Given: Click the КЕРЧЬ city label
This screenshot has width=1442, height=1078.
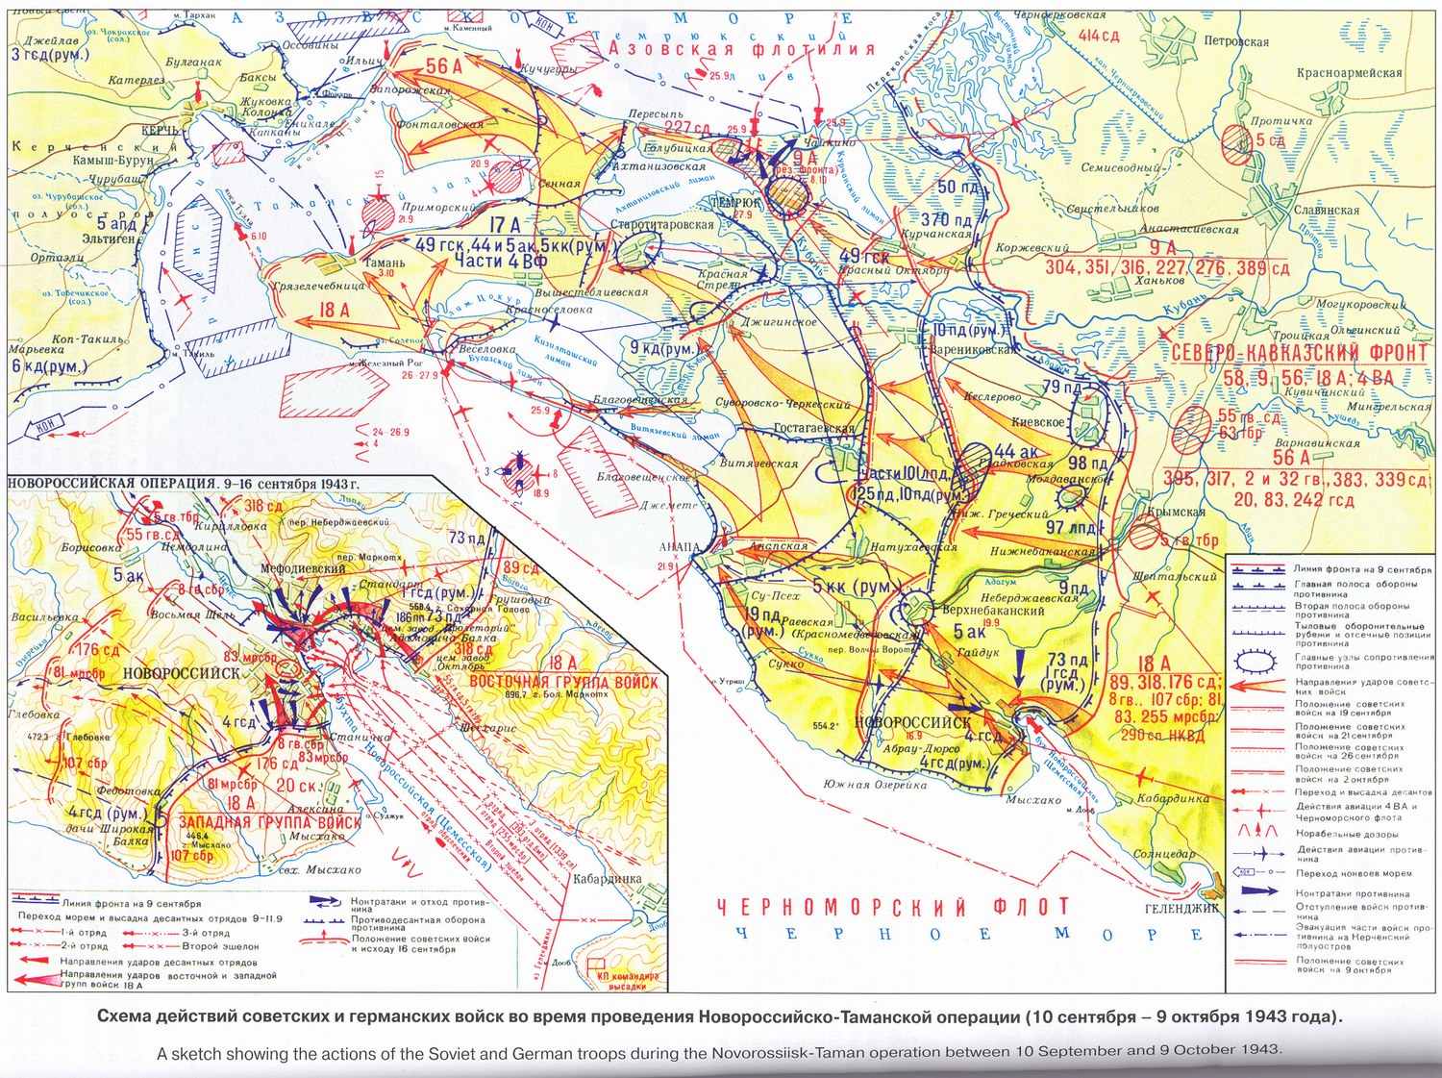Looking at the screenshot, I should [x=159, y=130].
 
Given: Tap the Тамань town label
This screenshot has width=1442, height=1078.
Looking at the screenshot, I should [x=384, y=262].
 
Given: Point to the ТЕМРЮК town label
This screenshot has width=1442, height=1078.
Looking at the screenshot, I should [x=735, y=203].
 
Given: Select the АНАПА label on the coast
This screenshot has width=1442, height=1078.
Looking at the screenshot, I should [x=680, y=546].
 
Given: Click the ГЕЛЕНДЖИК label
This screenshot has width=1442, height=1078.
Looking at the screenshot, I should [x=1181, y=907].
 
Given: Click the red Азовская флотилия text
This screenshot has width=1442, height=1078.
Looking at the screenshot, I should [x=741, y=48].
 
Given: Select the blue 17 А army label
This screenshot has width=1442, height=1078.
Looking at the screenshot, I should [x=505, y=225].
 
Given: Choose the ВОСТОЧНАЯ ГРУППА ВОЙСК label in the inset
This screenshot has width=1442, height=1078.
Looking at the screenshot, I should [x=563, y=682].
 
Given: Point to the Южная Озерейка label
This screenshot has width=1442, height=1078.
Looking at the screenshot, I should [x=875, y=785].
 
